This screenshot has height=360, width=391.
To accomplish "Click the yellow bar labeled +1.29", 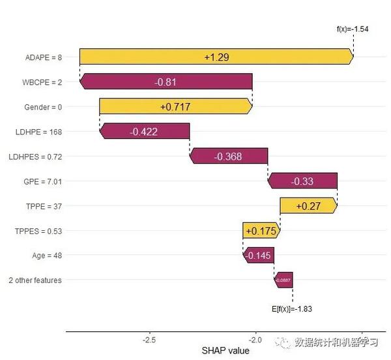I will click(216, 57).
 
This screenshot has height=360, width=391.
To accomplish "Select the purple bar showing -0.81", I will click(166, 82).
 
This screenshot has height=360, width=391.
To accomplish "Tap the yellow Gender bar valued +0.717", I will click(175, 106).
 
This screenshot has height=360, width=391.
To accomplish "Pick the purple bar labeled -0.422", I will click(144, 131).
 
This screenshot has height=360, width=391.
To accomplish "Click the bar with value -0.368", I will click(228, 156).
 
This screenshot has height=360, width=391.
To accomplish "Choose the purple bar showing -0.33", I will click(302, 181).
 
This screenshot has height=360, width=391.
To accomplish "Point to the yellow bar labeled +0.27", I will click(308, 205).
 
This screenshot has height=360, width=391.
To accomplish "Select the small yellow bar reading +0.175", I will click(261, 230).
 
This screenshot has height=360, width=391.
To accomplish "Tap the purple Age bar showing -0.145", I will click(259, 255).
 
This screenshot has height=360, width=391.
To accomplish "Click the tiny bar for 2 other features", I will click(283, 280).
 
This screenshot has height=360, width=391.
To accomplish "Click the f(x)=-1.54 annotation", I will click(353, 29).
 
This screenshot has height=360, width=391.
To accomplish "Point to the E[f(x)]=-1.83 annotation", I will click(293, 309).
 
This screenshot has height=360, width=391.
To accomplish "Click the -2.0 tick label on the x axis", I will click(255, 340).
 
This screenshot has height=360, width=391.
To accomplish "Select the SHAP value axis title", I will click(225, 351).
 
